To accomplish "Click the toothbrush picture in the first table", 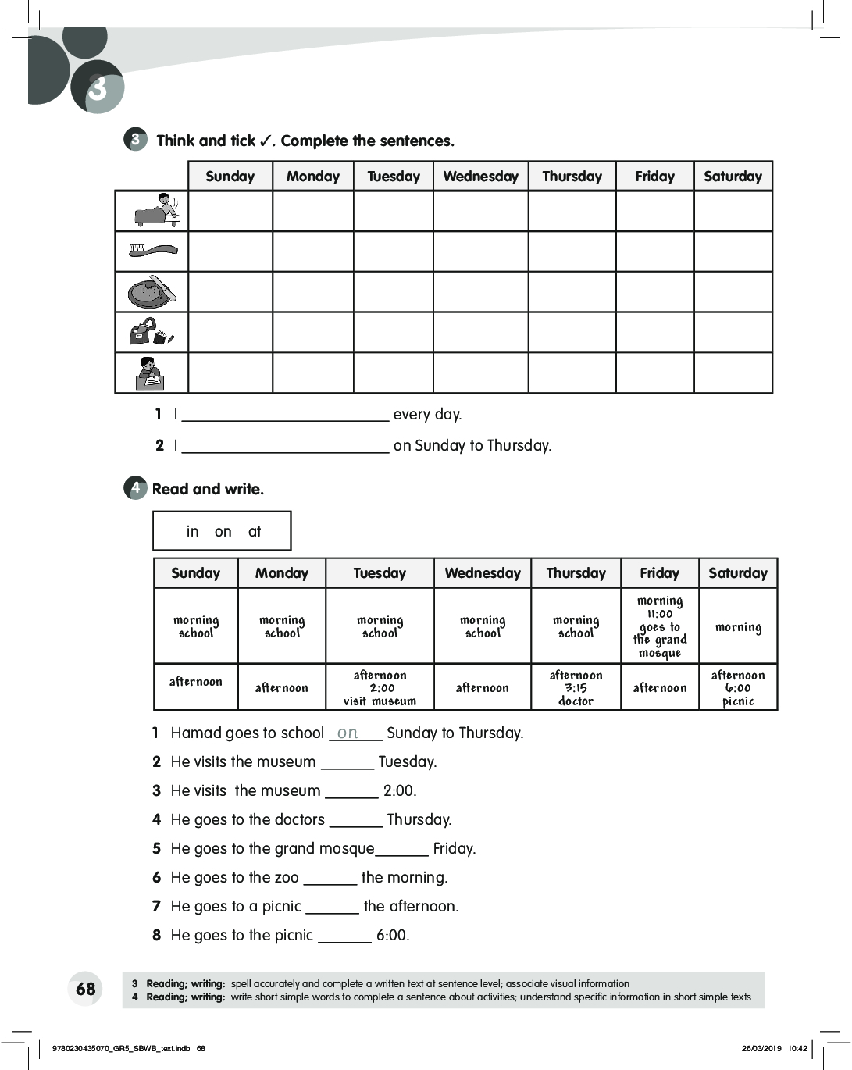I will pos(153,251).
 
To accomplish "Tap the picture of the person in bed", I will pos(156,210).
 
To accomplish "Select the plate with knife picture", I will pos(153,291).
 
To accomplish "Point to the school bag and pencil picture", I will pos(152,332).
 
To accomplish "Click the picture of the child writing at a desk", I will pos(150,373).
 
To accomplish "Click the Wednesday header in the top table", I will pos(480,177).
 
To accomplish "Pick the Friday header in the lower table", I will pos(659,573).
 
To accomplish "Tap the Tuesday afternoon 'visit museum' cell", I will pos(380,688).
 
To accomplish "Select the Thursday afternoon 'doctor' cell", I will pos(576,688).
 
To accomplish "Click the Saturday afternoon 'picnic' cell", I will pos(738,688).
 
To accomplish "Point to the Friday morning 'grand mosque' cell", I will pos(659,626).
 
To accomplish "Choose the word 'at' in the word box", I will pos(255,532).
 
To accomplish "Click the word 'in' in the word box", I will pos(192,532).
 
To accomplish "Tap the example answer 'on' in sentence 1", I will pos(348,733).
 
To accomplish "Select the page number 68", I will pos(85,989).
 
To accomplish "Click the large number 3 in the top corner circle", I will pos(97,88).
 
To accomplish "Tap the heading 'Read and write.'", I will pos(208,490).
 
